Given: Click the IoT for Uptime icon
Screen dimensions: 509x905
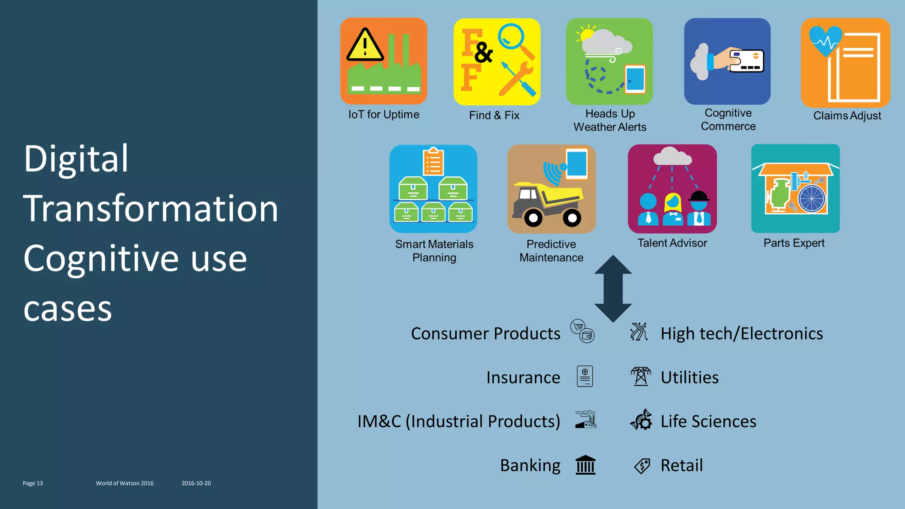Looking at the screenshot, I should point(384,61).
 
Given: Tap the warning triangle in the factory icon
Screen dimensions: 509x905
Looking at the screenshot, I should point(365,46).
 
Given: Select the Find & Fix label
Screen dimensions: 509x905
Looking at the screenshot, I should point(494,115).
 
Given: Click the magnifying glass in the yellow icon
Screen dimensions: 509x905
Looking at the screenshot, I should point(512,37).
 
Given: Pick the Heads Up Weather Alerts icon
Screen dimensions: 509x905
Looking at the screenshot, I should point(609,61).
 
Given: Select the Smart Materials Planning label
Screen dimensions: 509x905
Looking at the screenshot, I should point(434,251).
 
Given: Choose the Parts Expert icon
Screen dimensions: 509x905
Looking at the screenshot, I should point(795,188).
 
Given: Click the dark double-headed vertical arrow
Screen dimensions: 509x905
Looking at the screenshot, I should point(613,289).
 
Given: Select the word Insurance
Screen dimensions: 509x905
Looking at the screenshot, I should point(523,377).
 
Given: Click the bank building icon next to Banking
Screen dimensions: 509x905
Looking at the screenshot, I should point(586,465).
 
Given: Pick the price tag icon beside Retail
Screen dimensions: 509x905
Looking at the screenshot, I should point(642,466).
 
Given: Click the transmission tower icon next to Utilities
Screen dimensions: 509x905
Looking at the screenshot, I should point(641,376).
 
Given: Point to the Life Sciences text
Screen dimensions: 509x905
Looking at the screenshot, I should point(708,421).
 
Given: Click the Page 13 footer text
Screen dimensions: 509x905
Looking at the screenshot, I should point(33,483).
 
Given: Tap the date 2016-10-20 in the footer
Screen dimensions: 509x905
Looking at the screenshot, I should point(196,483).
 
